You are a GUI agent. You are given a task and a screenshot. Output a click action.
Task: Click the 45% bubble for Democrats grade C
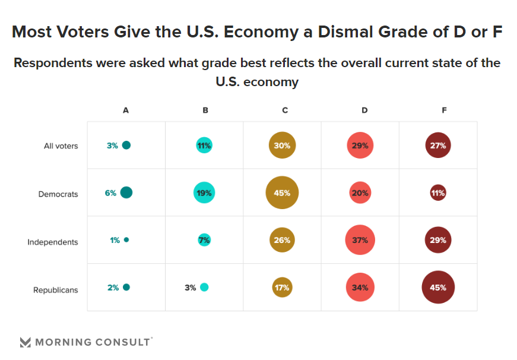[x=282, y=192]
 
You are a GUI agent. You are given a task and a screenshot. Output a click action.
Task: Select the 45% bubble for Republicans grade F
[x=438, y=288]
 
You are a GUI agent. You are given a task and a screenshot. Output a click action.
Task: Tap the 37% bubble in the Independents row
[x=360, y=240]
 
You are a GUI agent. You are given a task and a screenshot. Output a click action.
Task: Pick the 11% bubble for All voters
[x=204, y=145]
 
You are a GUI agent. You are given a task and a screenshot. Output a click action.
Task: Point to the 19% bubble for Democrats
[x=204, y=192]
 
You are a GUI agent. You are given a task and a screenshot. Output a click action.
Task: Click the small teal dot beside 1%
[x=126, y=240]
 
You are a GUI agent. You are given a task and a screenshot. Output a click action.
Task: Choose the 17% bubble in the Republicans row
[x=282, y=288]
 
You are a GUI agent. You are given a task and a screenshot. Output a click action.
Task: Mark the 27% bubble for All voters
[x=438, y=145]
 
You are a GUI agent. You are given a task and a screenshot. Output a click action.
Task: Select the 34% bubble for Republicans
[x=360, y=288]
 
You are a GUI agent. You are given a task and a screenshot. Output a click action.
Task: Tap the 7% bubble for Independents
[x=204, y=240]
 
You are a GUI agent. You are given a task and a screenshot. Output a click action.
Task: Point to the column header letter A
[x=126, y=110]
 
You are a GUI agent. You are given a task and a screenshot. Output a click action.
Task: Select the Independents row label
[x=53, y=242]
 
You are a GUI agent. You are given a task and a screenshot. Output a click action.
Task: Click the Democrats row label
[x=58, y=194]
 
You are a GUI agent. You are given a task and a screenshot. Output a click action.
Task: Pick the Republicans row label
[x=56, y=290]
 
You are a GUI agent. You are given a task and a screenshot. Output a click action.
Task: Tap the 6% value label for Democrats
[x=110, y=192]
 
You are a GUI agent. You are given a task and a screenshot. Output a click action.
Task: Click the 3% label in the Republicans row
[x=190, y=288]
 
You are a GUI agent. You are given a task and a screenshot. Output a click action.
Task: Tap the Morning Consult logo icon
[x=25, y=342]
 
